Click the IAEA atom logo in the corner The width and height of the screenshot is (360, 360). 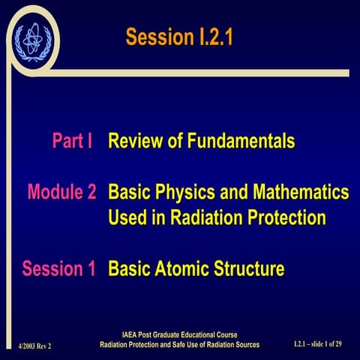coord(30,37)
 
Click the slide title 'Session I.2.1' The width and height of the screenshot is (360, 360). coord(179,37)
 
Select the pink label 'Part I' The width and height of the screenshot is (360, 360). coord(71,141)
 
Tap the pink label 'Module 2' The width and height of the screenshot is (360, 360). coord(61,192)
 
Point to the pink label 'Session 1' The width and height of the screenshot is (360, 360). coord(58,268)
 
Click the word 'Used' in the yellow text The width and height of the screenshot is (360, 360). coord(130,218)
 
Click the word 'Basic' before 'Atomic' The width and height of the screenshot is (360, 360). coord(130,268)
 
